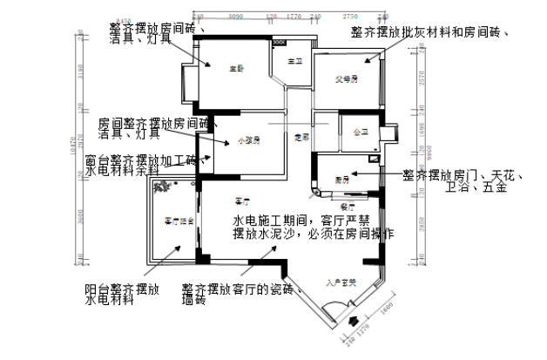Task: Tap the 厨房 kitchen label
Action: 341,179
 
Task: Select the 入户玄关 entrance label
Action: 337,282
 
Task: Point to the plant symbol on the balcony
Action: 162,187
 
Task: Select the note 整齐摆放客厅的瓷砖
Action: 239,289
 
